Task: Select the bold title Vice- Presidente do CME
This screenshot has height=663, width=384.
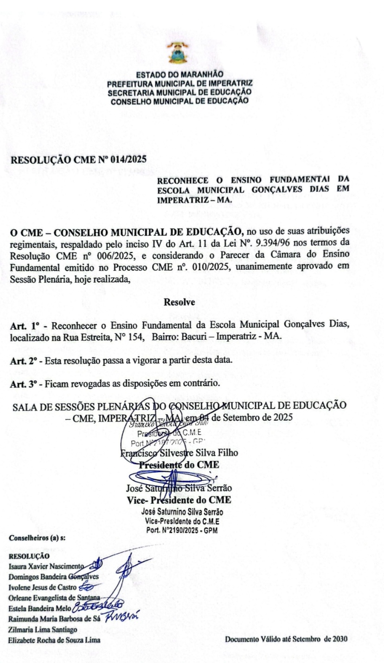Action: pyautogui.click(x=179, y=500)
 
